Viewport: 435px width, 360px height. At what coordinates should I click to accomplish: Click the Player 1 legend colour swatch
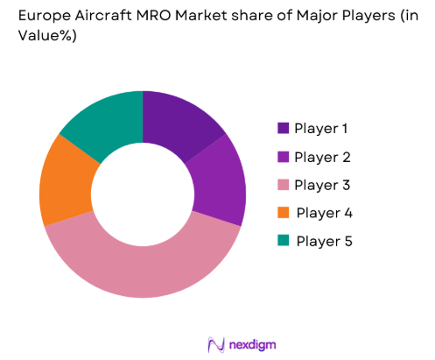[283, 129]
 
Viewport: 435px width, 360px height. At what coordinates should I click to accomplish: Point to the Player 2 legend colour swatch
[283, 157]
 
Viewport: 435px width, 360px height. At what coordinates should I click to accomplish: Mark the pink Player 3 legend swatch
[283, 185]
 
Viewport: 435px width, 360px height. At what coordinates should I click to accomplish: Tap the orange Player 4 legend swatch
[283, 213]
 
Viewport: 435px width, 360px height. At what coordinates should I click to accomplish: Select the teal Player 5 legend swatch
[283, 241]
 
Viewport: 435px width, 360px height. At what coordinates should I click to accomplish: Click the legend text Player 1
[322, 129]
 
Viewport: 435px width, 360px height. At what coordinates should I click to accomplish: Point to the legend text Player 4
[325, 213]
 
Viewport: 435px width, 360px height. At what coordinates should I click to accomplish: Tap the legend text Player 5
[325, 241]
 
